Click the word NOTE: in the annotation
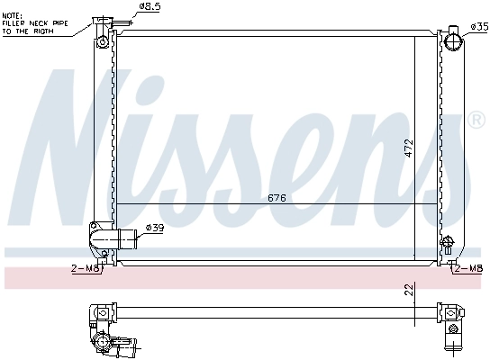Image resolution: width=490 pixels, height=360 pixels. click(x=13, y=15)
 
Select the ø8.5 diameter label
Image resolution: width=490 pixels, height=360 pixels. click(x=150, y=7)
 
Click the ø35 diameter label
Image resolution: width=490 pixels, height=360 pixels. click(x=479, y=26)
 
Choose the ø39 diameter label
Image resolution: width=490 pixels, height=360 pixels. click(x=155, y=229)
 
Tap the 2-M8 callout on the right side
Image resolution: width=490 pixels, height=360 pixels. click(x=469, y=267)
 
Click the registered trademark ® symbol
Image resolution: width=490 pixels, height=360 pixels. click(x=477, y=119)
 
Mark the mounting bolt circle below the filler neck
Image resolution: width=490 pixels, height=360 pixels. click(x=103, y=42)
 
